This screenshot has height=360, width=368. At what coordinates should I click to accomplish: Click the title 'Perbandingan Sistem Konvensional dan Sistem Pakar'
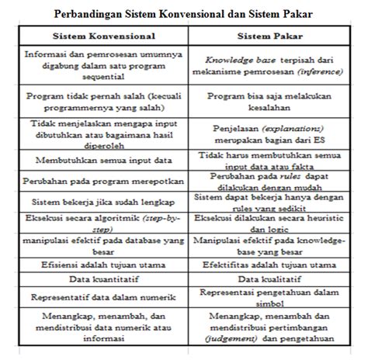pos(183,13)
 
